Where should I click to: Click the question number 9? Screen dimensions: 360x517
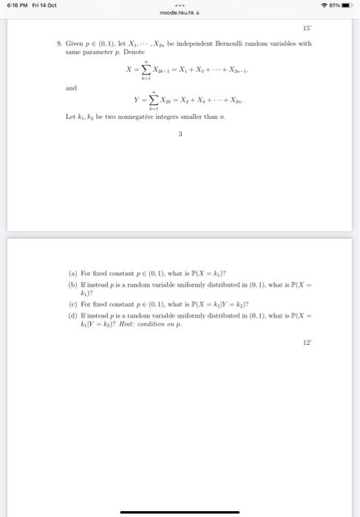coord(58,44)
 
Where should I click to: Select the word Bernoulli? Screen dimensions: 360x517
coord(222,44)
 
